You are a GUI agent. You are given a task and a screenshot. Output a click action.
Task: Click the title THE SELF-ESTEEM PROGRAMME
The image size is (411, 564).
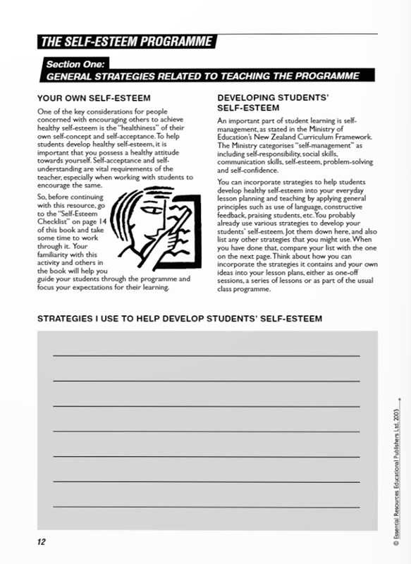click(126, 42)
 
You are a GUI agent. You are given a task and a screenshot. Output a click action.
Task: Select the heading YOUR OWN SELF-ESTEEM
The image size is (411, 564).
click(94, 97)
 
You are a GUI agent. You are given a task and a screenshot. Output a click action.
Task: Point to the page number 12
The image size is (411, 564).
click(42, 541)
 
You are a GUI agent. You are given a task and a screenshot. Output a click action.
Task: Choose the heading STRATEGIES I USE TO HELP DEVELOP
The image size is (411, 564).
click(180, 319)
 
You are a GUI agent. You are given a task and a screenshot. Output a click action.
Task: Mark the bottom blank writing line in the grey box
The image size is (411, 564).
click(206, 506)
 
